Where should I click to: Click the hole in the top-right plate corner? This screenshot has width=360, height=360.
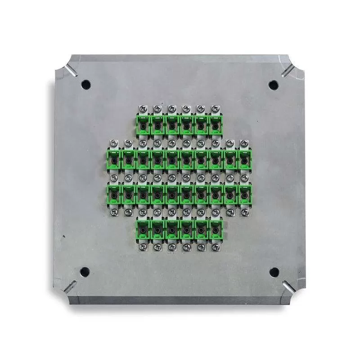click(273, 84)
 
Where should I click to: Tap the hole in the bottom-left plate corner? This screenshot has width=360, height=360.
click(84, 272)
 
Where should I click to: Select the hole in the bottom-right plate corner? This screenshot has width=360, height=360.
click(274, 272)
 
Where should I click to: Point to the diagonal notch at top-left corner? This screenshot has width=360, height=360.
click(70, 70)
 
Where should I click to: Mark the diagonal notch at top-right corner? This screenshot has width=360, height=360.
click(288, 70)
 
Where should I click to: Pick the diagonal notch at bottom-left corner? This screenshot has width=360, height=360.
click(70, 287)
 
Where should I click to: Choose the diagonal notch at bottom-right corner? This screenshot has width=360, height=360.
click(288, 287)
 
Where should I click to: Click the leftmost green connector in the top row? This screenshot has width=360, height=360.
click(143, 124)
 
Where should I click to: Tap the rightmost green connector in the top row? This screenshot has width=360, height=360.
click(216, 124)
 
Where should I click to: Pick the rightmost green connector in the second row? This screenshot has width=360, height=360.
click(244, 158)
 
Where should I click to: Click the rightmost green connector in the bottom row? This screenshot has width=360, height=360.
click(216, 228)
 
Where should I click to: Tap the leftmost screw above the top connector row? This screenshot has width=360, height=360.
click(143, 108)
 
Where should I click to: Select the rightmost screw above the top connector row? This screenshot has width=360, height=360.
click(216, 108)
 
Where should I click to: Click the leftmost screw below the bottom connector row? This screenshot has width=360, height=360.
click(143, 247)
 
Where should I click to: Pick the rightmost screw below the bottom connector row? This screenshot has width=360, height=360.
click(216, 247)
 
